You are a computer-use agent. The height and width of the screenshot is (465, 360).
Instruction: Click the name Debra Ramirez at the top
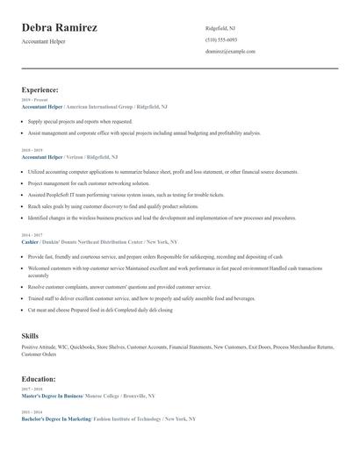point(59,28)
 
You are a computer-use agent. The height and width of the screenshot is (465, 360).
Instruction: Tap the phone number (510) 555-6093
point(221,39)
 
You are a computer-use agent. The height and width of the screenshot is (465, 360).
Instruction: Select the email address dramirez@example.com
point(230,52)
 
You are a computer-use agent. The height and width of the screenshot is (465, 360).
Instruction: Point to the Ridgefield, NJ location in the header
point(220,28)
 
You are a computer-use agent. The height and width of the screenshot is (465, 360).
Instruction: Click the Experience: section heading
point(40,89)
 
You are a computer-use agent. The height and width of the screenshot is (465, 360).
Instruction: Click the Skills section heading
point(30,336)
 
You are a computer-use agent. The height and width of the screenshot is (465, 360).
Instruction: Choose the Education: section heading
point(39,379)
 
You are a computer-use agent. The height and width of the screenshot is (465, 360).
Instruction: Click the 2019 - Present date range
point(34,100)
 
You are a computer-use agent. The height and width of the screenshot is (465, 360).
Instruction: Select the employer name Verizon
point(79,157)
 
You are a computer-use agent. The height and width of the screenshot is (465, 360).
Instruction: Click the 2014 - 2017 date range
point(31,235)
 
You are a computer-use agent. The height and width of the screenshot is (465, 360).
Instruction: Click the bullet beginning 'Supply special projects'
point(80,122)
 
